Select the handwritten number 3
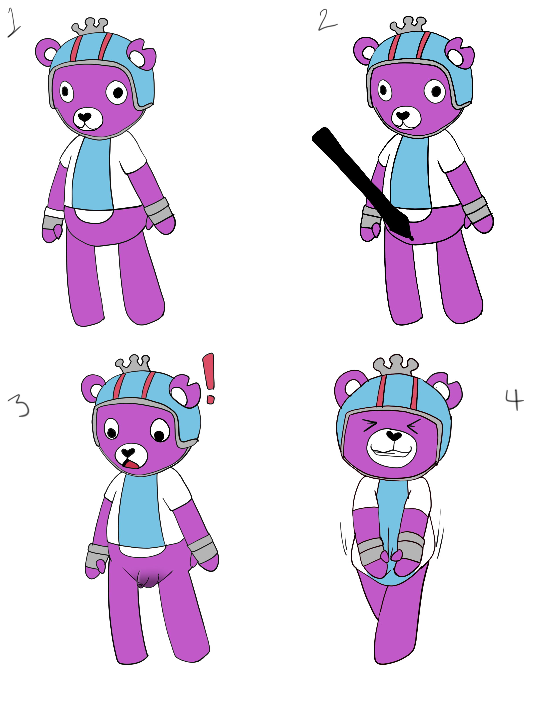coord(19,406)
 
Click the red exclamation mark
coord(209,378)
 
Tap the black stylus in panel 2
coord(362,183)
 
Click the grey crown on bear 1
coord(90,26)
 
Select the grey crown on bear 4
coord(395,365)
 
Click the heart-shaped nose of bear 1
coord(85,116)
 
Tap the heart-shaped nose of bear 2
coord(403,115)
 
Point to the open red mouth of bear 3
coord(131,465)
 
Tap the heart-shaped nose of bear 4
coord(394,436)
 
